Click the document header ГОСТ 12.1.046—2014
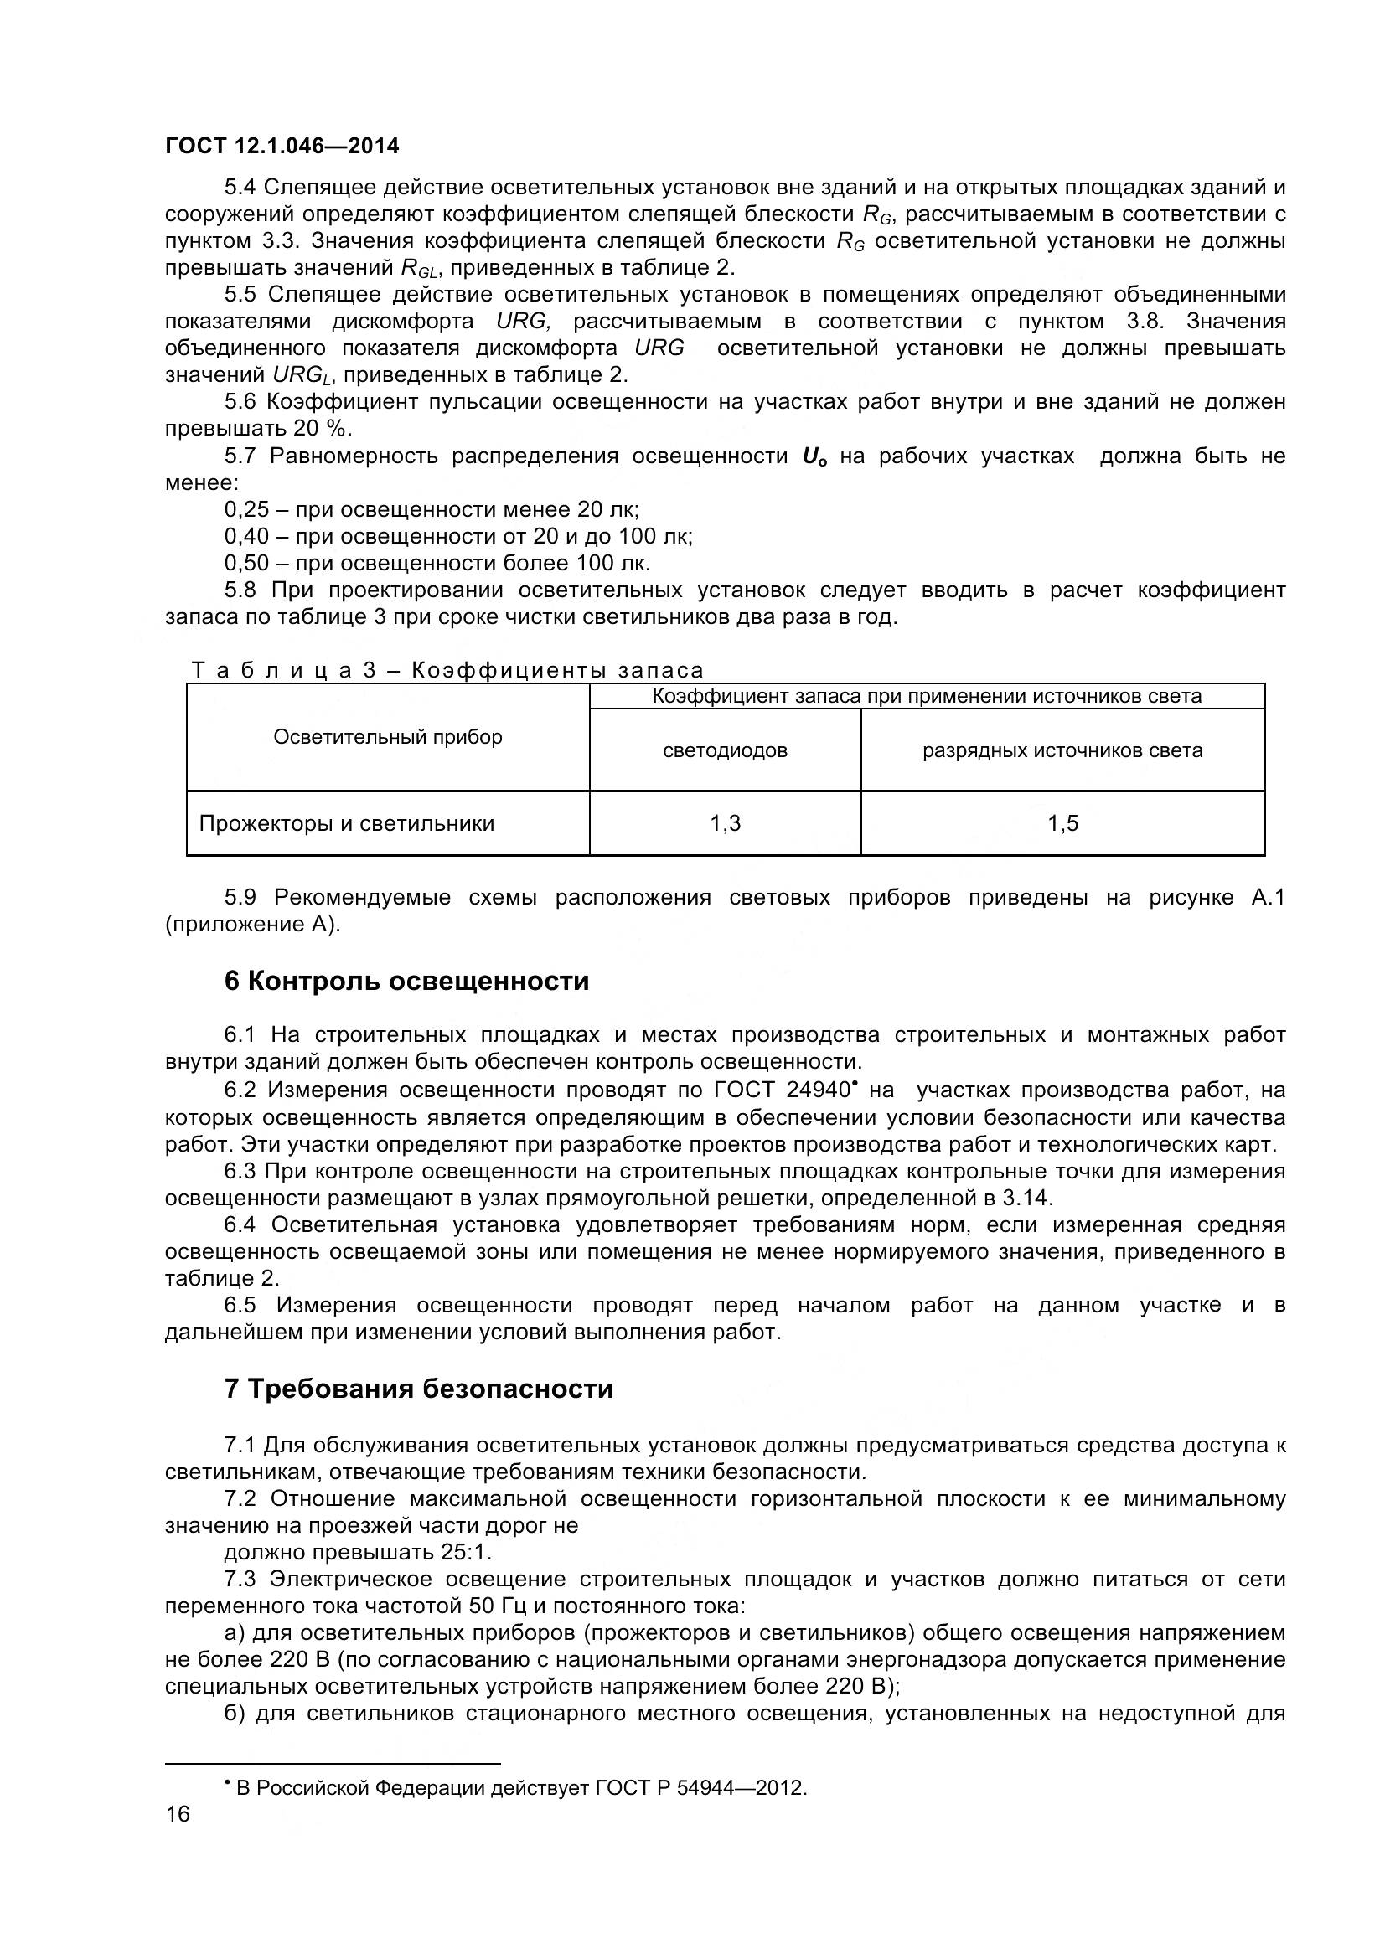[x=282, y=146]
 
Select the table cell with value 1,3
[x=725, y=823]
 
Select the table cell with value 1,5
[x=1062, y=823]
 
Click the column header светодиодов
[x=725, y=750]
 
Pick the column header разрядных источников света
[x=1062, y=750]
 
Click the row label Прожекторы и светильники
[x=347, y=823]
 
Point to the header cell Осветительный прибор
[x=387, y=736]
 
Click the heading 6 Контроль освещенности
[x=406, y=982]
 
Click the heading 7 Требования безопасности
[x=418, y=1389]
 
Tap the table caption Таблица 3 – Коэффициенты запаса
[x=447, y=671]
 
